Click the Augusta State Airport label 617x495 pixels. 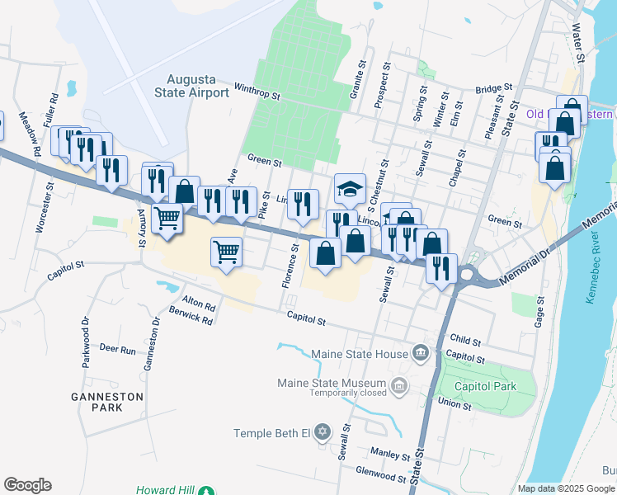click(191, 86)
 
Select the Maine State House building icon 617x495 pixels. click(421, 354)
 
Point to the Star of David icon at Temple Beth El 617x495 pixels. click(323, 433)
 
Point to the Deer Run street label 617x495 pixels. click(117, 350)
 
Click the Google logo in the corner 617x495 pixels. click(27, 485)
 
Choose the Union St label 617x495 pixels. click(455, 405)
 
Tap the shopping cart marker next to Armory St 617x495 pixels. click(167, 219)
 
